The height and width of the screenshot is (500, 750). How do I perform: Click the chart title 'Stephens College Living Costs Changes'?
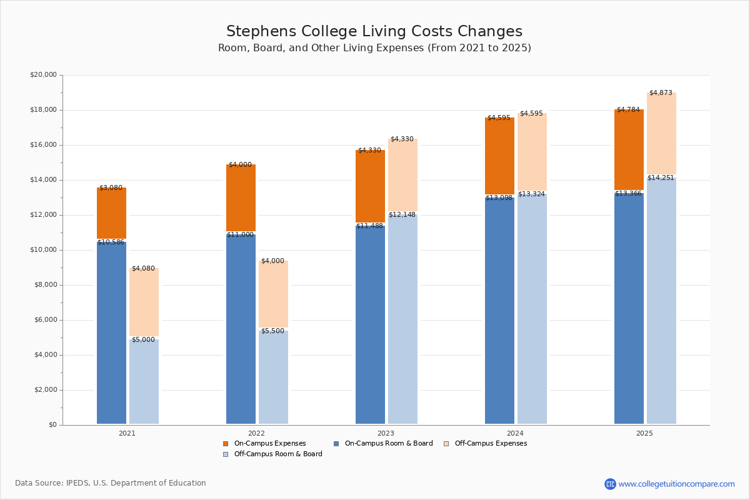374,32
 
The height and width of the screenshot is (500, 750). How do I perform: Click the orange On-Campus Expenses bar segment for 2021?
111,213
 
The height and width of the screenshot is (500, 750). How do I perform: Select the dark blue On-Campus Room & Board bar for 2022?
241,329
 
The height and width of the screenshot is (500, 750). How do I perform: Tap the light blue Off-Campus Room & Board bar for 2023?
402,319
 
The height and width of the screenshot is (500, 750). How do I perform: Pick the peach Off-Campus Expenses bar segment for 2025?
661,134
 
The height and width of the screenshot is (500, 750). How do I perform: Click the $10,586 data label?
111,242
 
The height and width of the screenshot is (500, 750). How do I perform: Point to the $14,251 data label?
661,178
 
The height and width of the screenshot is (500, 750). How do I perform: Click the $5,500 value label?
272,331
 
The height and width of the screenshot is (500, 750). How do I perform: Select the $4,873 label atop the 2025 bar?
661,93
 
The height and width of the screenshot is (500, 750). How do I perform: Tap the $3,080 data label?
111,188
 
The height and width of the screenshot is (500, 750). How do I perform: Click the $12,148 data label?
402,215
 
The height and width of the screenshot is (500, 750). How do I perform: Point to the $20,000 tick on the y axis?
43,75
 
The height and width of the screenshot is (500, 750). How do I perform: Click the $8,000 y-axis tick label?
45,285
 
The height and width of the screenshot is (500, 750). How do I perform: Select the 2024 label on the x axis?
515,433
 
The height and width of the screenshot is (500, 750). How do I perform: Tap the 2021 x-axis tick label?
127,433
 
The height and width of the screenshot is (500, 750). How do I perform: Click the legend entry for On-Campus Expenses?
269,444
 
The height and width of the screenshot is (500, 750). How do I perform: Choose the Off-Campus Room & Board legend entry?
277,454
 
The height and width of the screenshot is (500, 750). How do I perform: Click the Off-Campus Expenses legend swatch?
446,444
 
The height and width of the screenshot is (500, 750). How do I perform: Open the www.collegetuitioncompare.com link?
676,484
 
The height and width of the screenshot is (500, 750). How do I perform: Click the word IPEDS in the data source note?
78,483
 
